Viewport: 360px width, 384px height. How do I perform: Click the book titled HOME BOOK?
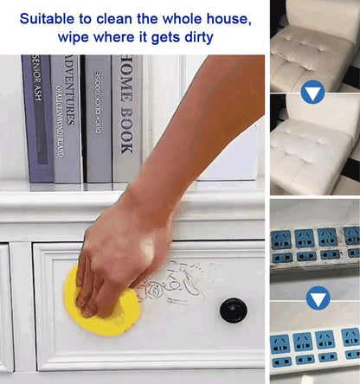click(126, 117)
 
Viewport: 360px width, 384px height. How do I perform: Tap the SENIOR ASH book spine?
click(37, 117)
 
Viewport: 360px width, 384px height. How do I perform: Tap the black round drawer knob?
click(231, 310)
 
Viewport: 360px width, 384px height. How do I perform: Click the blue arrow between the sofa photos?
click(313, 93)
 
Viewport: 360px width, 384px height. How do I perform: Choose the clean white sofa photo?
click(313, 147)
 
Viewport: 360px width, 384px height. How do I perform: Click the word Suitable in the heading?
click(48, 17)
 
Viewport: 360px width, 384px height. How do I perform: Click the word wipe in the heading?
click(76, 39)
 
